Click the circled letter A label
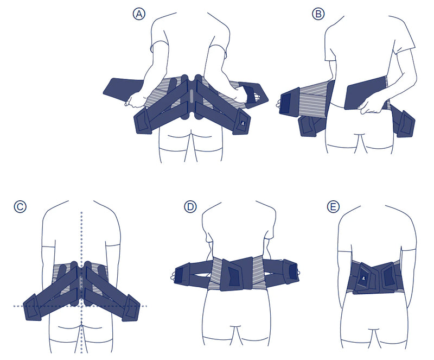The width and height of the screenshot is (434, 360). click(x=139, y=14)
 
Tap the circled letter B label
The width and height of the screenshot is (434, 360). click(x=318, y=14)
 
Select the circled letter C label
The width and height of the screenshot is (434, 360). click(x=20, y=206)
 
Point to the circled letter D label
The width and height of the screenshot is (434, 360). click(x=190, y=206)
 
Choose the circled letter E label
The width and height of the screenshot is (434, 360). click(x=333, y=206)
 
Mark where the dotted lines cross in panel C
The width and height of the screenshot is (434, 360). click(x=81, y=306)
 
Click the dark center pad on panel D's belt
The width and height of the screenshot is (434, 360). click(x=233, y=274)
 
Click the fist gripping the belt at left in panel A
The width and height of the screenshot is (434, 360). click(x=135, y=100)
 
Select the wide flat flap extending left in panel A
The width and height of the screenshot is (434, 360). click(x=123, y=90)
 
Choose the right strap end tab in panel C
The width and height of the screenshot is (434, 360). click(x=130, y=307)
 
